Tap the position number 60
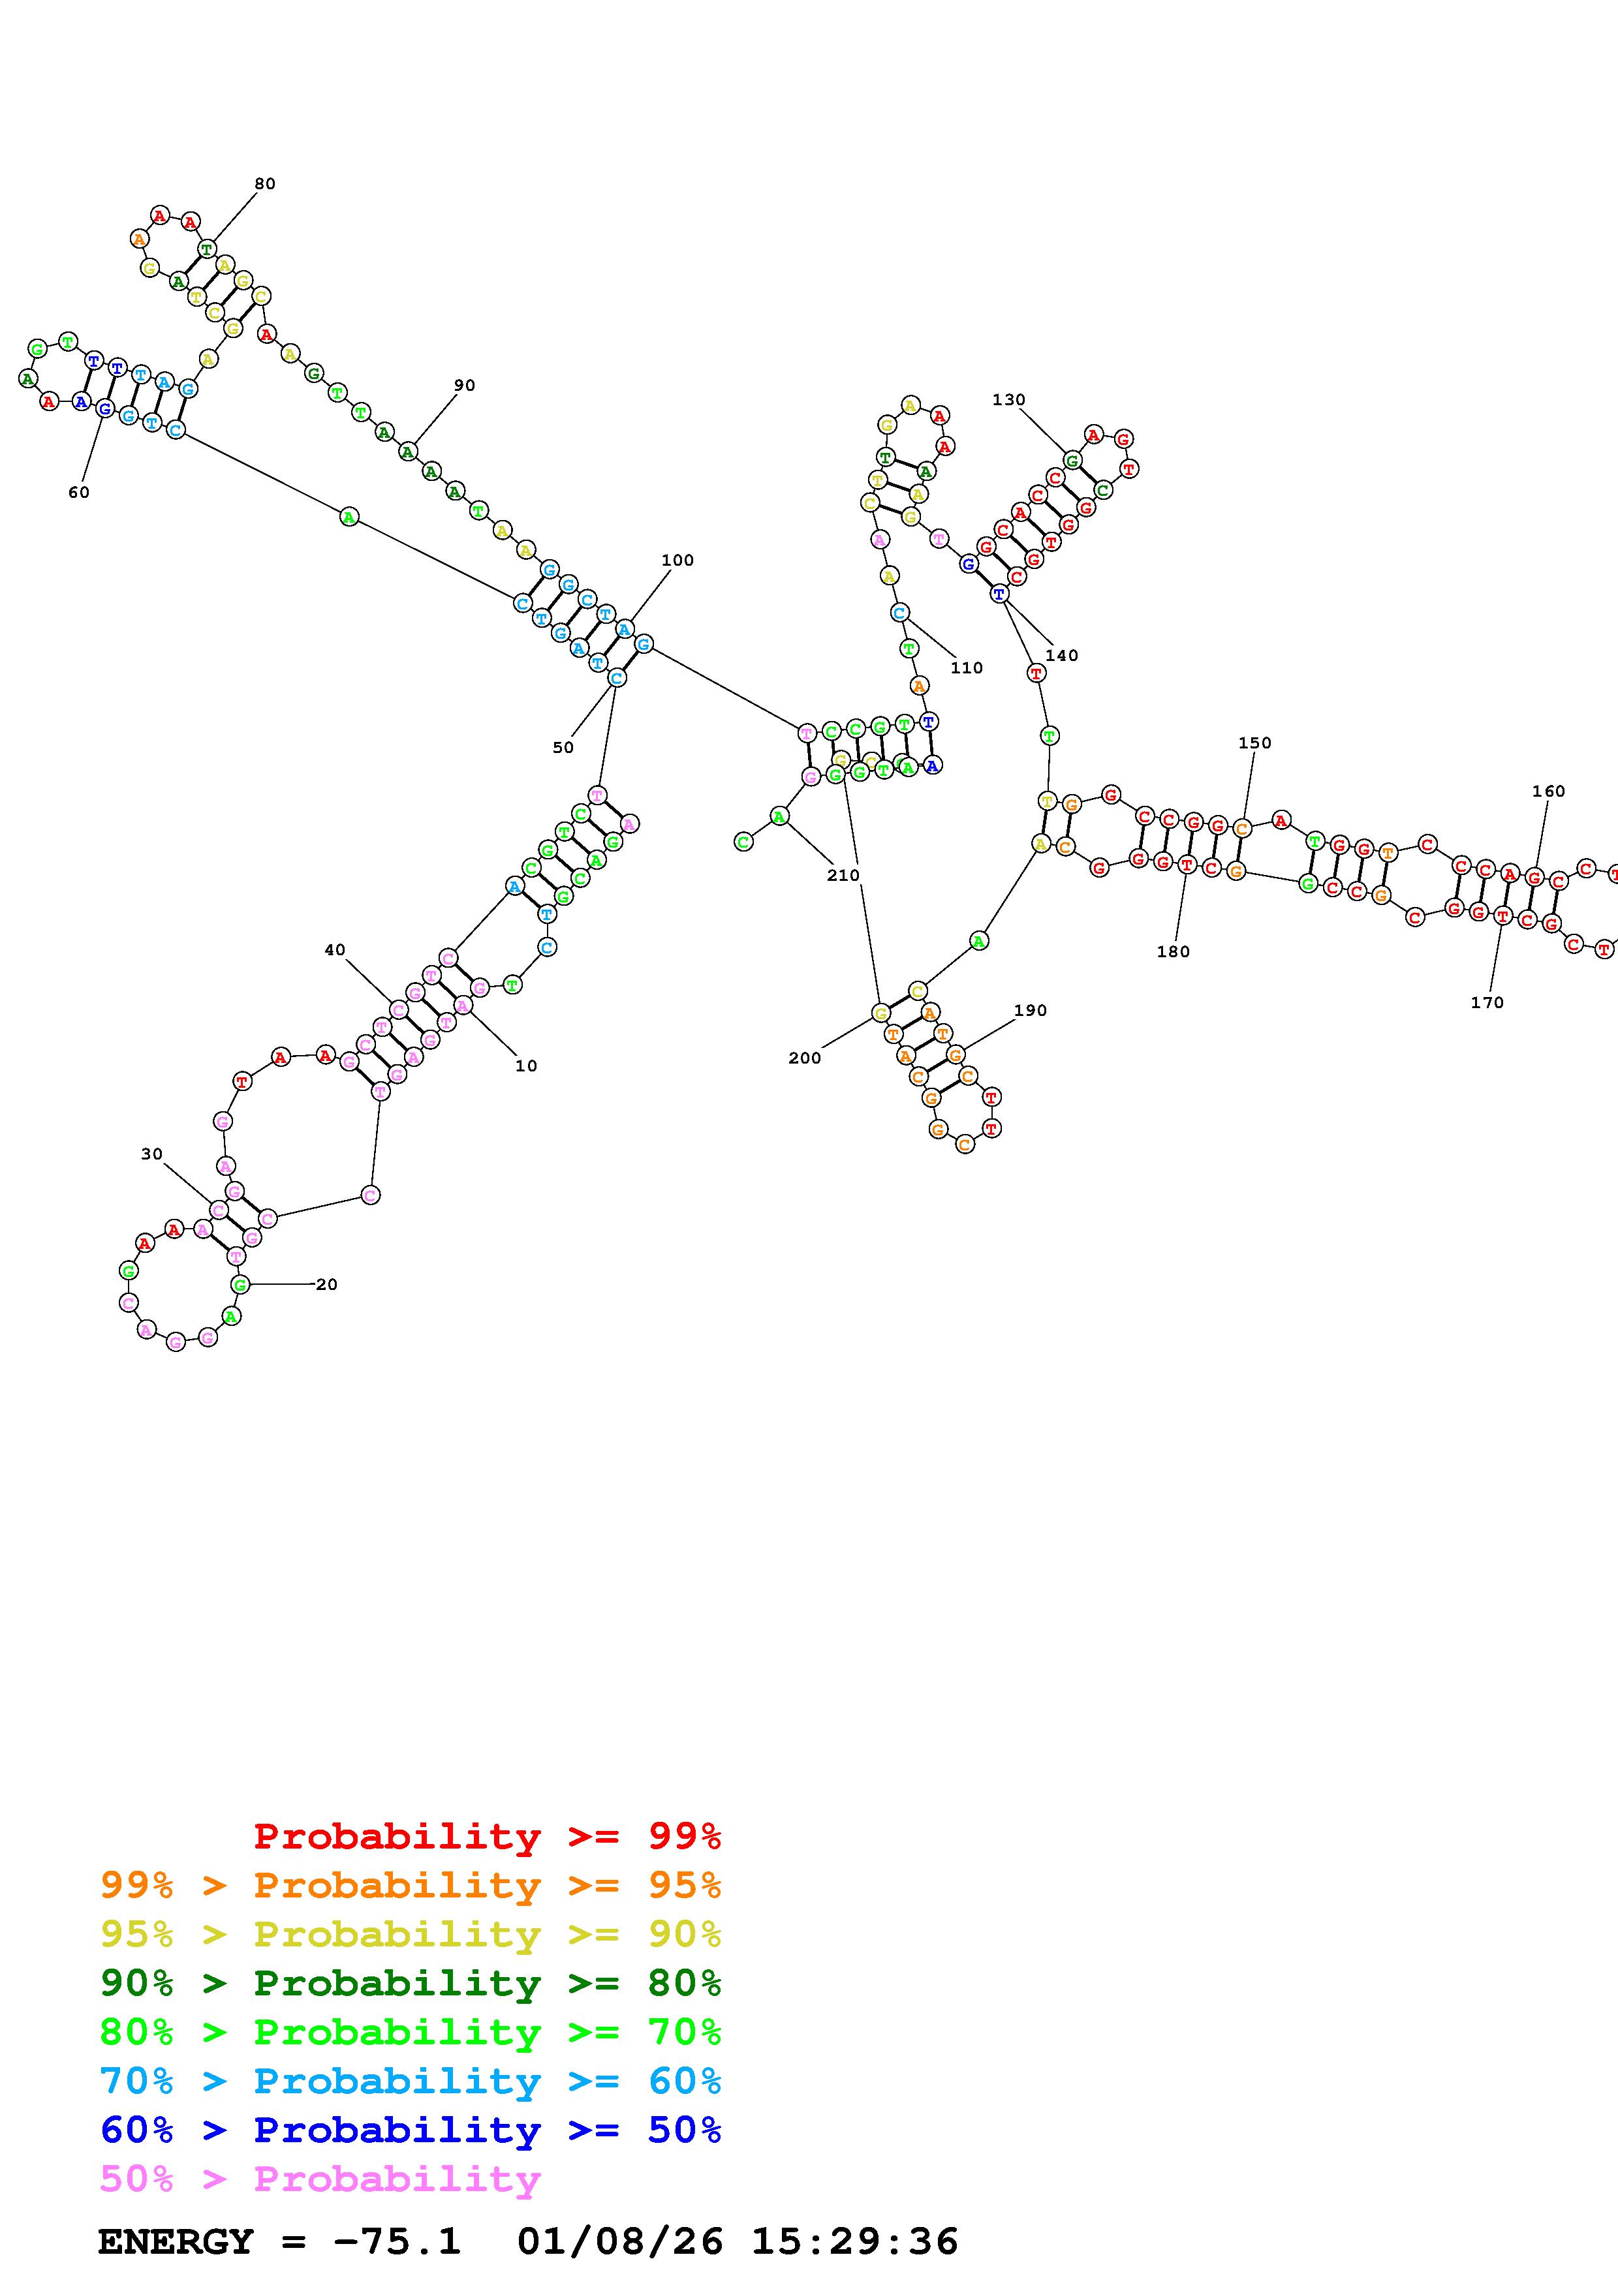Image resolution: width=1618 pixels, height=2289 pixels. click(79, 493)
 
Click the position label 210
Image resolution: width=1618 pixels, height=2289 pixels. click(843, 875)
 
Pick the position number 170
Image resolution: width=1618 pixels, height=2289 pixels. click(1486, 1003)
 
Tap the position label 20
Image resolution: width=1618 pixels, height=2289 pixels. click(327, 1285)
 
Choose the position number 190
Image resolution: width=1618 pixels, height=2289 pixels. click(1030, 1011)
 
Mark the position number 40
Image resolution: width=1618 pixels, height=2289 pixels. click(335, 950)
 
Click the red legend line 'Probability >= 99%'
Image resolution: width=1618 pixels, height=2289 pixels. click(488, 1836)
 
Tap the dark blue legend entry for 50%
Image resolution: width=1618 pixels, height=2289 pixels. click(411, 2130)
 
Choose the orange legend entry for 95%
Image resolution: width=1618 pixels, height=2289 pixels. click(411, 1885)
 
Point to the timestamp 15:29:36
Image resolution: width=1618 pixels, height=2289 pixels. click(854, 2242)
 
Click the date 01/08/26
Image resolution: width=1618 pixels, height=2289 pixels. click(620, 2242)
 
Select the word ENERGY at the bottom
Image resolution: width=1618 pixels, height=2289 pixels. click(176, 2242)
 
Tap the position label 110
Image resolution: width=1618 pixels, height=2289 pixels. click(966, 668)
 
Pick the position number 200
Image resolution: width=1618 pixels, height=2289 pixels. click(805, 1059)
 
